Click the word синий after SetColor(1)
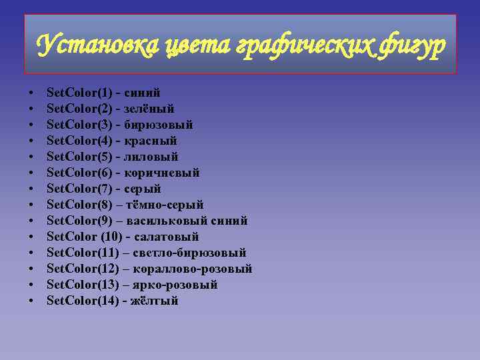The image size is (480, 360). (141, 93)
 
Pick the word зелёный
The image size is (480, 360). (149, 109)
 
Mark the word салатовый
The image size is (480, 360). (167, 237)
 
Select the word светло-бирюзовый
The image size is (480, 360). (189, 253)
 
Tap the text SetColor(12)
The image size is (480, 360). (82, 269)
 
